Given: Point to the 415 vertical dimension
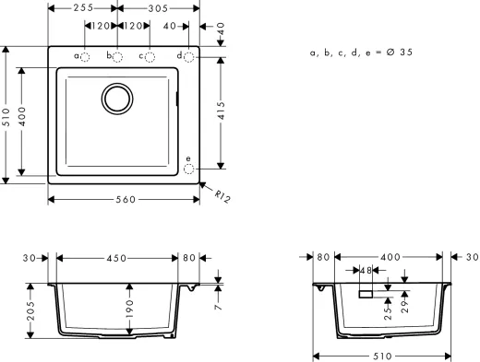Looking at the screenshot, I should click(221, 112).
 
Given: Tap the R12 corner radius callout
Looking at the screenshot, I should click(222, 196).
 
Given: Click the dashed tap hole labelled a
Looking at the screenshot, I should click(84, 57).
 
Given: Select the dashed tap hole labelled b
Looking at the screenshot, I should click(117, 57).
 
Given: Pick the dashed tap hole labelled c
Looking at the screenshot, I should click(150, 57).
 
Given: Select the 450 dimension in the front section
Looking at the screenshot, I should click(116, 259).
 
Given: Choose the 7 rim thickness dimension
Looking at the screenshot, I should click(218, 292).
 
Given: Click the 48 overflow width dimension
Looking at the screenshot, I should click(366, 271).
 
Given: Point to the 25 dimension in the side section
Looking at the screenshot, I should click(388, 312).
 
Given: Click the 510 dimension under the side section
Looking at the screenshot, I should click(385, 355).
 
